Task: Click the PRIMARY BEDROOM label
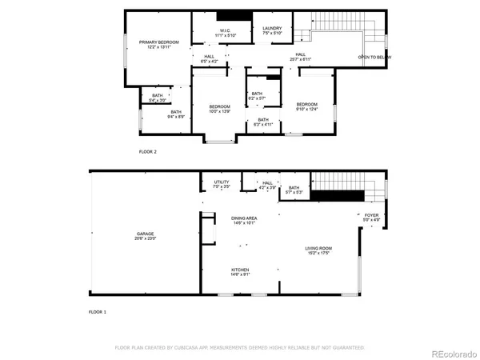tap(158, 42)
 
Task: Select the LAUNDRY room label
tap(272, 29)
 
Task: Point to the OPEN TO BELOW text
tap(374, 58)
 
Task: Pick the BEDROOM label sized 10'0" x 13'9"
tap(219, 107)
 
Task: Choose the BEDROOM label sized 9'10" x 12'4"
tap(307, 105)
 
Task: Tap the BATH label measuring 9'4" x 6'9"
tap(176, 112)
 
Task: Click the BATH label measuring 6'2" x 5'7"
tap(257, 94)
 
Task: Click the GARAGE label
tap(145, 234)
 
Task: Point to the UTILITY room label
tap(221, 182)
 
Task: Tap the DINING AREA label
tap(244, 218)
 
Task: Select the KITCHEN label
tap(241, 270)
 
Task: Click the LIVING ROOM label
tap(318, 248)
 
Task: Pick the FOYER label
tap(372, 214)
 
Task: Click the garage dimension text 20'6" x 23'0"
tap(145, 238)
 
